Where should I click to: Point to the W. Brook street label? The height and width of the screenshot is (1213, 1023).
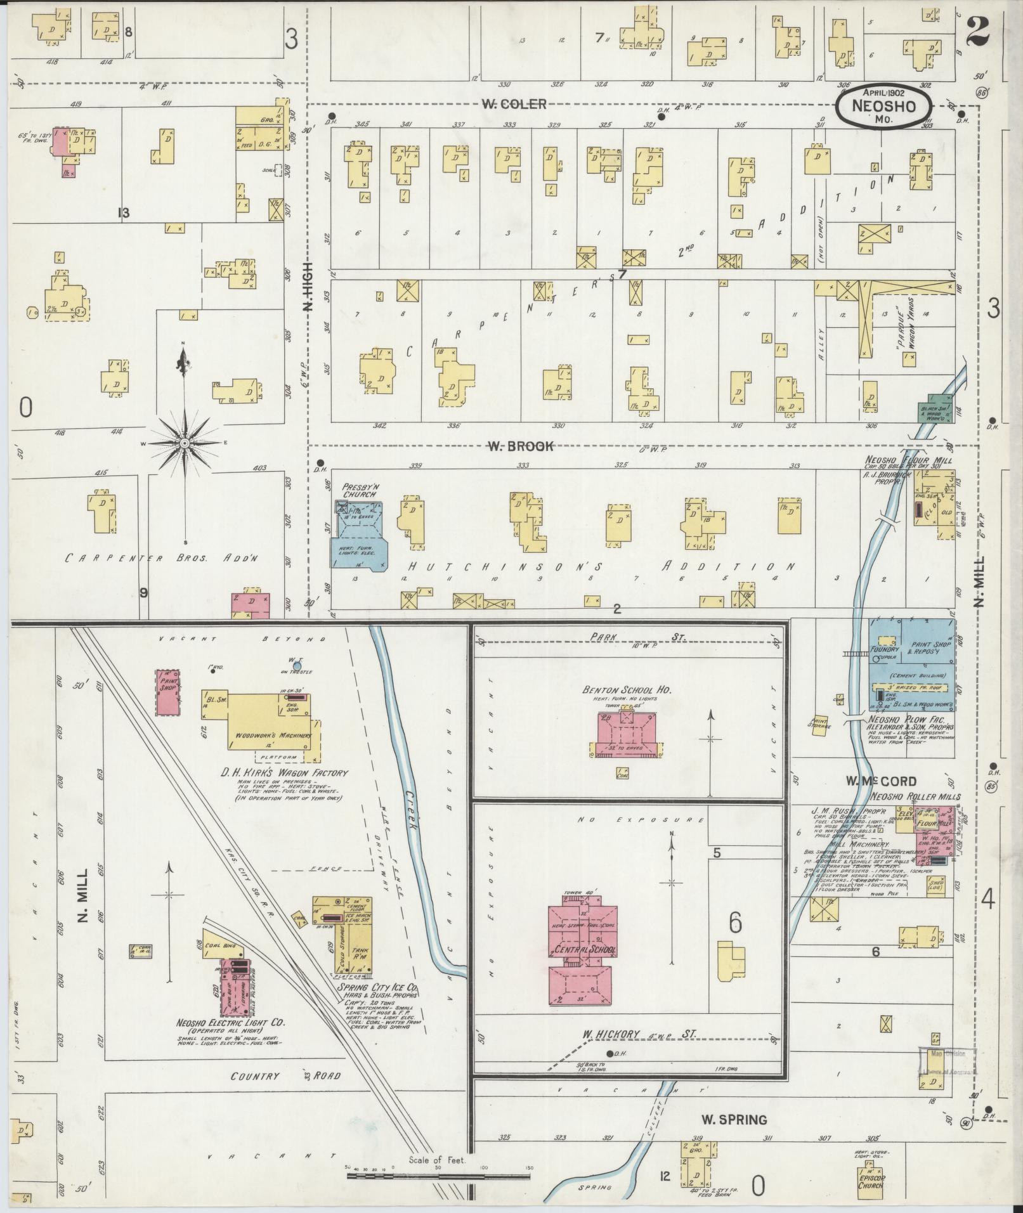pyautogui.click(x=520, y=446)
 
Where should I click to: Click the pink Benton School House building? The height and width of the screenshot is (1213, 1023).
pyautogui.click(x=624, y=735)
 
